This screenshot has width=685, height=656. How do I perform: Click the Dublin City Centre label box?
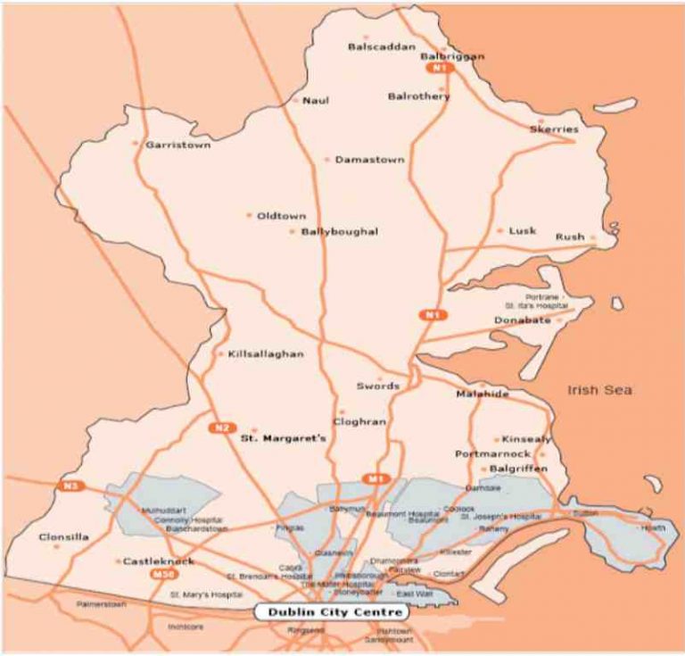click(328, 612)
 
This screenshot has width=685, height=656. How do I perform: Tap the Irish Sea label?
click(599, 390)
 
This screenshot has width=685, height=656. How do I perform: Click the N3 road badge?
click(70, 486)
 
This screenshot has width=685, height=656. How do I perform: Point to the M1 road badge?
click(376, 479)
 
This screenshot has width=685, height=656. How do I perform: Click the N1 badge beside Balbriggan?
click(437, 68)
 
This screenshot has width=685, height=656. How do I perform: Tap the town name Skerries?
click(554, 129)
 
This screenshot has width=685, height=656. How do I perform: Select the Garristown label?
click(178, 145)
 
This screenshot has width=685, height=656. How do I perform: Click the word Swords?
click(377, 386)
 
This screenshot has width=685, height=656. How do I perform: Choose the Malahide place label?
click(482, 394)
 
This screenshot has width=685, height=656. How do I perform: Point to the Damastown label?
click(369, 160)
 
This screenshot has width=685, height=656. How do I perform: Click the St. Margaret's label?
click(285, 439)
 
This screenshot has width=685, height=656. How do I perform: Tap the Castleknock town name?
click(159, 561)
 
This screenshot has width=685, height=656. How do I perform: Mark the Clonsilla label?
click(64, 538)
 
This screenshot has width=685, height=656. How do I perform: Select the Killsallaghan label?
click(266, 354)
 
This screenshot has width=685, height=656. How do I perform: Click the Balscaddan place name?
click(377, 46)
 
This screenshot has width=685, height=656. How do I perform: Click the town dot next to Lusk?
click(499, 230)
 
